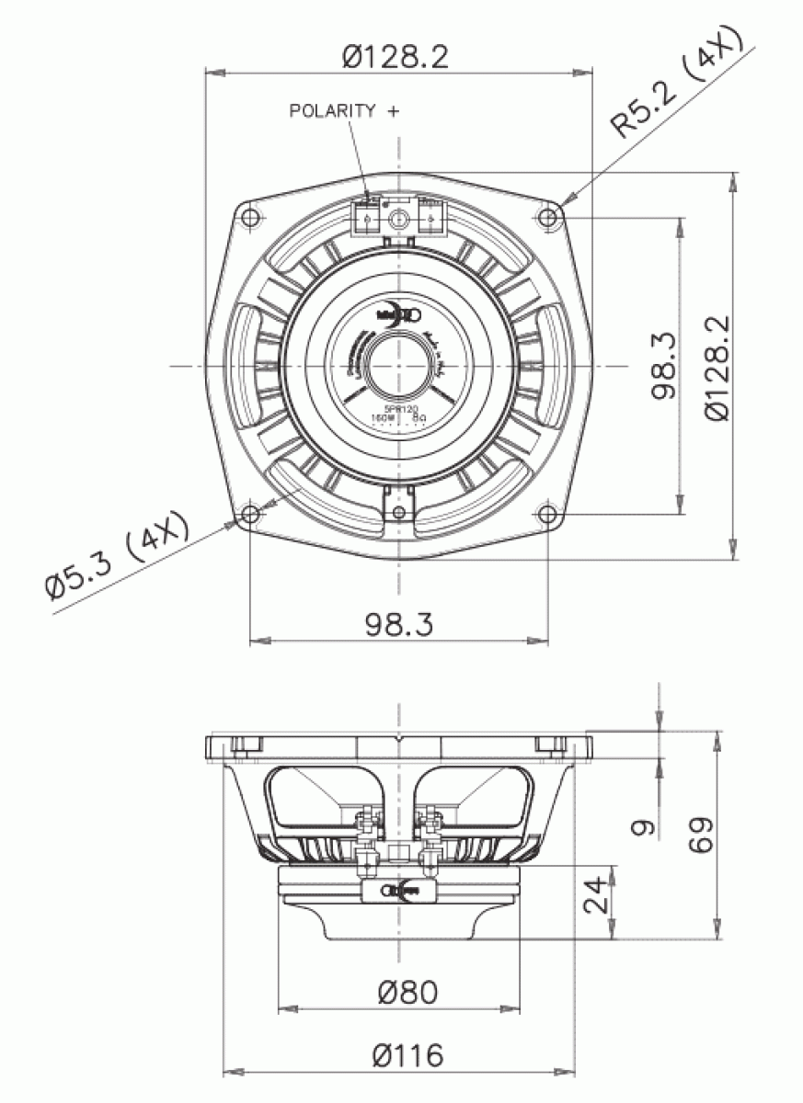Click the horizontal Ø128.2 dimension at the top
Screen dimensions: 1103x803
396,56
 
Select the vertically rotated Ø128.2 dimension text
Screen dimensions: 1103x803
717,368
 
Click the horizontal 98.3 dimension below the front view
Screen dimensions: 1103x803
398,625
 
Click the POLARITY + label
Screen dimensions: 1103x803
344,111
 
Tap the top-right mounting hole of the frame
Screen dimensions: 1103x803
548,216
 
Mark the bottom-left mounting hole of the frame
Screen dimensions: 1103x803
250,515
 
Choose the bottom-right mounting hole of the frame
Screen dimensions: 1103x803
548,515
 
